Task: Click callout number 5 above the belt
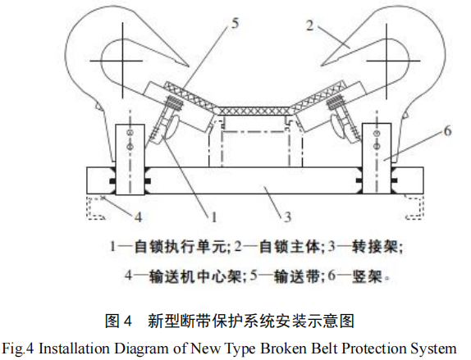(x=235, y=23)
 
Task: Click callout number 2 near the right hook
(x=309, y=25)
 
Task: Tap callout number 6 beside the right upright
(x=447, y=131)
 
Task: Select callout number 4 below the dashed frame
(x=138, y=216)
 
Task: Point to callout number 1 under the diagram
(x=214, y=216)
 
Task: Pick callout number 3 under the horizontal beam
(x=287, y=216)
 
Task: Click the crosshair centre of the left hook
(x=122, y=62)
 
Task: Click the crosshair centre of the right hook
(x=386, y=62)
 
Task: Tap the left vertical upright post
(x=130, y=159)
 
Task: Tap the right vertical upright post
(x=377, y=158)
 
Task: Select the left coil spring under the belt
(x=174, y=103)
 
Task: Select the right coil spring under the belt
(x=336, y=102)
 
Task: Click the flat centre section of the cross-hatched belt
(x=254, y=111)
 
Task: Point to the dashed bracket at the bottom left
(x=96, y=207)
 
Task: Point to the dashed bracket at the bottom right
(x=415, y=207)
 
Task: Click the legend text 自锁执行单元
(x=180, y=247)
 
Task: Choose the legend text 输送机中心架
(x=195, y=276)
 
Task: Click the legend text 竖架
(x=367, y=276)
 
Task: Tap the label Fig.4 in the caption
(x=18, y=349)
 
